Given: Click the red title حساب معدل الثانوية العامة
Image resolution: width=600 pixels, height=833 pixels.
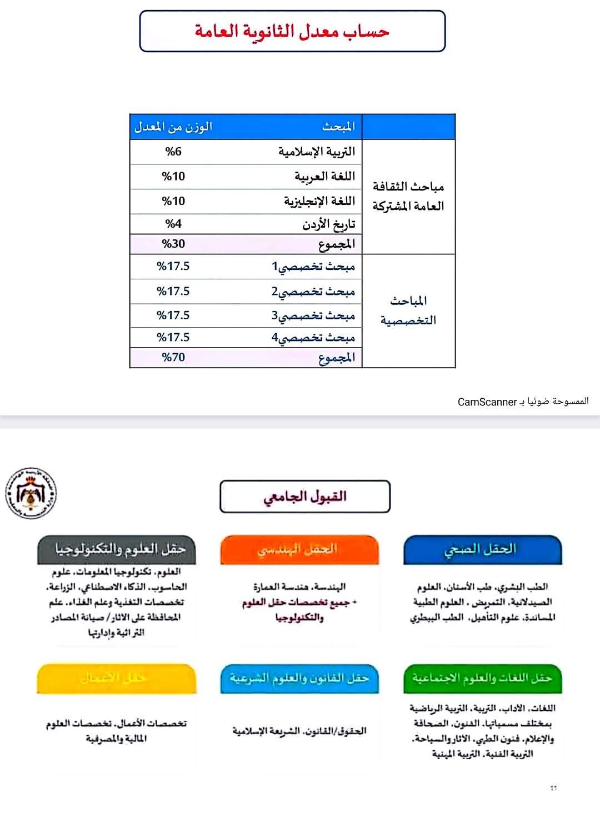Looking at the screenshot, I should (292, 31).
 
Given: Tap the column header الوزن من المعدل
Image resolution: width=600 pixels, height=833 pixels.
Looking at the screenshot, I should (173, 127).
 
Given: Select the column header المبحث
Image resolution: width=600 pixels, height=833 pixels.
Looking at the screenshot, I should (338, 127).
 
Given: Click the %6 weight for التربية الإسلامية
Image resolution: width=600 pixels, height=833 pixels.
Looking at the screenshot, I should (173, 152).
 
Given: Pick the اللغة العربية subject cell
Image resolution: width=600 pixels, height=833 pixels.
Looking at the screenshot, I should (324, 177).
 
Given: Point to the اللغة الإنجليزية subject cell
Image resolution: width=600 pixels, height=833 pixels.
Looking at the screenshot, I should (319, 201).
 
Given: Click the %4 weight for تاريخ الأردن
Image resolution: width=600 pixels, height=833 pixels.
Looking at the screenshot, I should (173, 224).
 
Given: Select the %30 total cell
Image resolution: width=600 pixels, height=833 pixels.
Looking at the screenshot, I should (173, 244).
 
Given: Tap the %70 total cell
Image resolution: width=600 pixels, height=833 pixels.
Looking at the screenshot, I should (173, 358).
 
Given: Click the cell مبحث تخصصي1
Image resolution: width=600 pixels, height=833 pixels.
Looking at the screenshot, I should (313, 267).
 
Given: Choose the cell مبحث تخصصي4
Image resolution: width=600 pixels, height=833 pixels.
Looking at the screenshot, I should (313, 338).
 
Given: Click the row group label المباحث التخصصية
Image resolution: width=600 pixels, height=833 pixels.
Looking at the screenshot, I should (408, 310).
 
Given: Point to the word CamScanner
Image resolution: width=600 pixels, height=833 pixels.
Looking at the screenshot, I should (487, 402).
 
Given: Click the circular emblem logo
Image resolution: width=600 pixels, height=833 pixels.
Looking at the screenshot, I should (31, 493).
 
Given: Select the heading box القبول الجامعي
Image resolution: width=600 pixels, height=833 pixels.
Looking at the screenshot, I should (305, 496).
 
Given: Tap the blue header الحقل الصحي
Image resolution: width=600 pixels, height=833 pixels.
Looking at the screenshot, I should (482, 549).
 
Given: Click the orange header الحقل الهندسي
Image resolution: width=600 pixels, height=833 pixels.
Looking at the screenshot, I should (299, 549).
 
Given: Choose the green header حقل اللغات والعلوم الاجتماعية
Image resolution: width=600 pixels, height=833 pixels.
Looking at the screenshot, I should (482, 678).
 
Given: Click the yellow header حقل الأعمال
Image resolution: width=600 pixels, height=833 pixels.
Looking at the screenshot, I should (116, 678).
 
